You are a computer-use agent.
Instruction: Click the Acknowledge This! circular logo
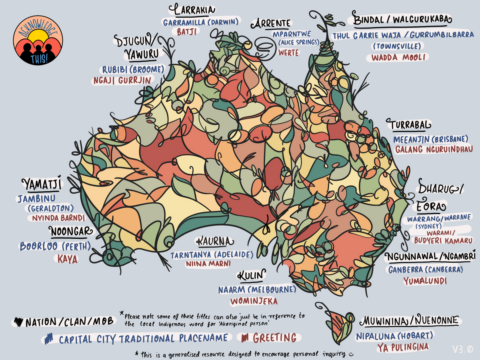[x=38, y=42]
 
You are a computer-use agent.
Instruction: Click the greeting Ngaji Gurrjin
[x=122, y=80]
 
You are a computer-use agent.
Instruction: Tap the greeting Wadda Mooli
[x=397, y=57]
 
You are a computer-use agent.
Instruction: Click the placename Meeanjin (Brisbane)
[x=430, y=139]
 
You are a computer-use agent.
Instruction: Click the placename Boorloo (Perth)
[x=55, y=246]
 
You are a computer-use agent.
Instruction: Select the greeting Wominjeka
[x=253, y=301]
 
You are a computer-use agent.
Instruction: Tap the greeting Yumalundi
[x=425, y=281]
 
